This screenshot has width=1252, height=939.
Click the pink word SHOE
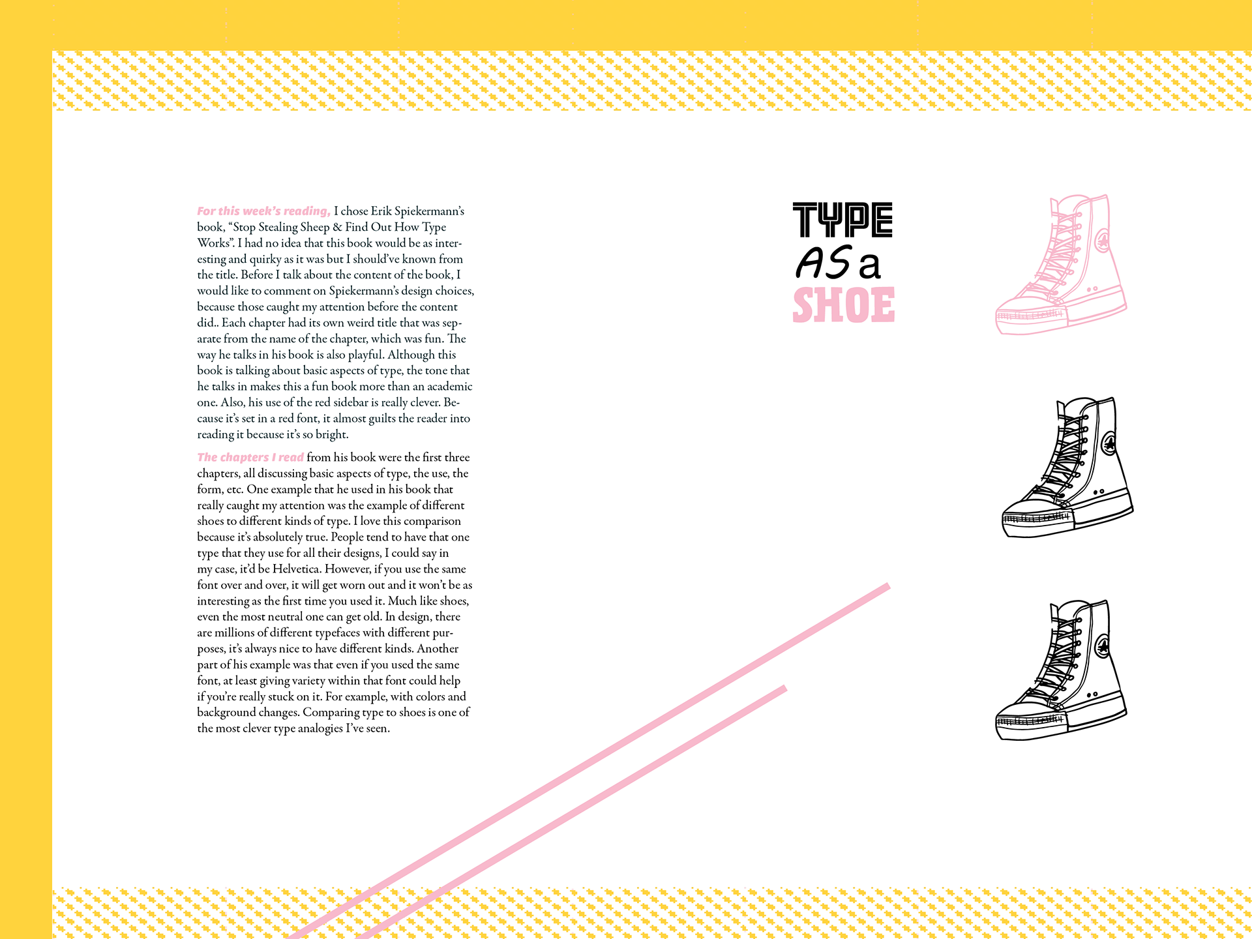(x=844, y=305)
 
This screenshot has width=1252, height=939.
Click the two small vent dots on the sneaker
(x=1094, y=288)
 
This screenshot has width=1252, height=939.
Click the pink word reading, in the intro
(x=307, y=211)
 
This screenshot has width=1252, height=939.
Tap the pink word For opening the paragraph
(x=206, y=211)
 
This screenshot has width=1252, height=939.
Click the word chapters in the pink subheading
(x=242, y=458)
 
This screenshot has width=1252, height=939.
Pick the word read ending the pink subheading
(x=291, y=458)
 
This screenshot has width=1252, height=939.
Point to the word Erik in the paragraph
(x=382, y=211)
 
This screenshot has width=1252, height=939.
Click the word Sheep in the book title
(x=315, y=227)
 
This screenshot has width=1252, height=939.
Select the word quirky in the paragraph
(x=265, y=259)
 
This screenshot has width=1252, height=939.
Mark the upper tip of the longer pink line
(x=887, y=586)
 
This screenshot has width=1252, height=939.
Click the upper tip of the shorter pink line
(x=784, y=688)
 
